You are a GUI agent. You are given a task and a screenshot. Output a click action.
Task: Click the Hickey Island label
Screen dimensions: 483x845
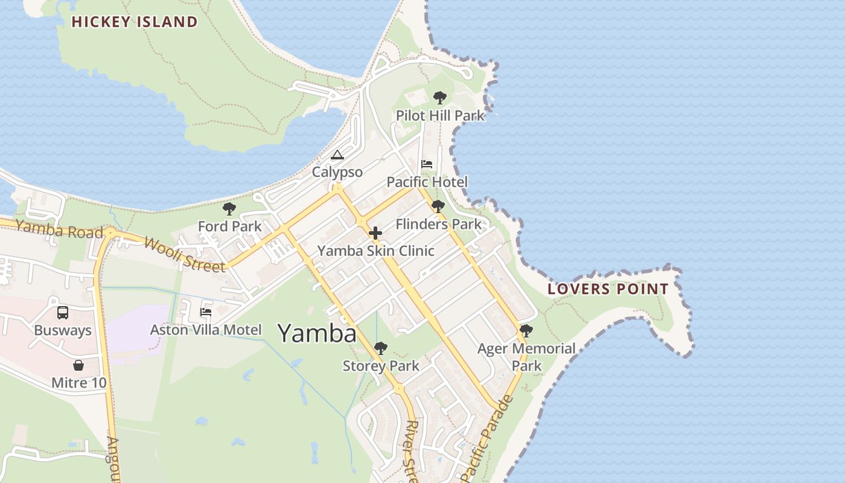135,22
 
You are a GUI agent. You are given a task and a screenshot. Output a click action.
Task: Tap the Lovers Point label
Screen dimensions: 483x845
608,289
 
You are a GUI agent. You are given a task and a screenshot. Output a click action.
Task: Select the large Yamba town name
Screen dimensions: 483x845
317,333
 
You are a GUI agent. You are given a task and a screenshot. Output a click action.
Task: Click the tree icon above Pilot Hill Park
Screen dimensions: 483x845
440,97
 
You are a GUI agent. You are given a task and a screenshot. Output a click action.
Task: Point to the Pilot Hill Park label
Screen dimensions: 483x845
440,115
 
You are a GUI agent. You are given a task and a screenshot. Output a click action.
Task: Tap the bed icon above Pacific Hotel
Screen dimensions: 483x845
427,164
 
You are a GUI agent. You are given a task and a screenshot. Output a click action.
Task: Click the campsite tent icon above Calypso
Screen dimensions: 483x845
337,155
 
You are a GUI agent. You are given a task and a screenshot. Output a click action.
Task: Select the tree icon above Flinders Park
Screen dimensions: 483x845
438,206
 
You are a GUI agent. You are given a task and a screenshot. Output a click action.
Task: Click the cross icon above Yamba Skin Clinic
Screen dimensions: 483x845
375,232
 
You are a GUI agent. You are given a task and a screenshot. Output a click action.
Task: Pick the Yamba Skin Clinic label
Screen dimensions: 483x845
375,251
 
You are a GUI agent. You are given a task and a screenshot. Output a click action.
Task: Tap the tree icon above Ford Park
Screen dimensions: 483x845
229,209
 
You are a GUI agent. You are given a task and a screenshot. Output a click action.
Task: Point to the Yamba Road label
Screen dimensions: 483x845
59,229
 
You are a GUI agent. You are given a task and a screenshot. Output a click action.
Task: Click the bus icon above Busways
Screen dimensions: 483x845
63,313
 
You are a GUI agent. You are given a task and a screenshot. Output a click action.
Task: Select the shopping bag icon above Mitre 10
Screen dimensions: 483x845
78,365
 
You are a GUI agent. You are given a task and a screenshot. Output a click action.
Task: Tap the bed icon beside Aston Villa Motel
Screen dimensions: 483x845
206,312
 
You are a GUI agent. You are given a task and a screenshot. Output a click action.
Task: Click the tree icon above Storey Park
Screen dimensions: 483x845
380,348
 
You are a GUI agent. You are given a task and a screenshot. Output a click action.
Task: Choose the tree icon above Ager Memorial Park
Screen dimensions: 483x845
526,330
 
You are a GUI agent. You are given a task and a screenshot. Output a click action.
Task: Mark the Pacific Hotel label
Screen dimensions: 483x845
427,182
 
